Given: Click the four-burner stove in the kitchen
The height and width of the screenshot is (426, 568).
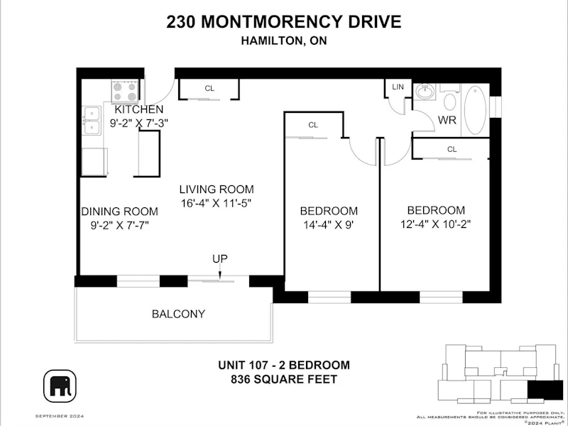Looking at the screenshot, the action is point(125,92).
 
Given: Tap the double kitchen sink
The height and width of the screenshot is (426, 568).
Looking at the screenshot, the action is point(92,121).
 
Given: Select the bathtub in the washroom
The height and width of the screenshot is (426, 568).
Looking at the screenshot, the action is point(476,110).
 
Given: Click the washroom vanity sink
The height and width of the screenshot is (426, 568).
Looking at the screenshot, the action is point(424,92).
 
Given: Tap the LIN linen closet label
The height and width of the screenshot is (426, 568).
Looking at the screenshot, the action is point(398,87).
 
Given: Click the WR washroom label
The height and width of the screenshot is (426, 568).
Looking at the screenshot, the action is point(447,120).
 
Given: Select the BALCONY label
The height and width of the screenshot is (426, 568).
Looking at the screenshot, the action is point(179,314).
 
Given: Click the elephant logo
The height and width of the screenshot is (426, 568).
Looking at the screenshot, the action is point(60,386).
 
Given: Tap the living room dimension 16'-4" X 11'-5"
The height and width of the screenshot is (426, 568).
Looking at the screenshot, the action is point(217,203).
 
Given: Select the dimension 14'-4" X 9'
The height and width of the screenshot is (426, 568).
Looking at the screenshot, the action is point(328,225).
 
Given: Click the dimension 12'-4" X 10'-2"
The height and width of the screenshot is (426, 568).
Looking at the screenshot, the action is point(435,224).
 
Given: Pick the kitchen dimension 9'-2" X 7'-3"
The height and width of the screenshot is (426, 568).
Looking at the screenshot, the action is point(139,123).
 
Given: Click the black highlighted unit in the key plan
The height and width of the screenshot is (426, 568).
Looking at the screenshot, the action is point(545,390).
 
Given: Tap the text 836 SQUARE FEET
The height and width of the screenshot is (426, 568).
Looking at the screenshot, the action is point(284,379).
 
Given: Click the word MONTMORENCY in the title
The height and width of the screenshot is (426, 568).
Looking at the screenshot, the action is point(271,22).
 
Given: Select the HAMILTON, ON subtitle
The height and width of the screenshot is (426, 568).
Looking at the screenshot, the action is point(284,40).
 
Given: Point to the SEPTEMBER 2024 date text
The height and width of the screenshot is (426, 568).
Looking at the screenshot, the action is point(60,416).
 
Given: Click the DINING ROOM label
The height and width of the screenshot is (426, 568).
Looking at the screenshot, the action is point(119,212).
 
